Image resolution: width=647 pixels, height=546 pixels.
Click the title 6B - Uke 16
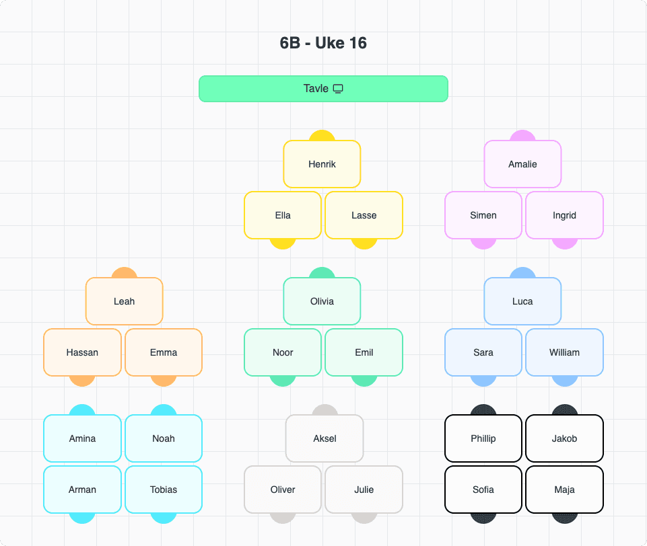click(323, 43)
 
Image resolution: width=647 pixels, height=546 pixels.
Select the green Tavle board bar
click(269, 89)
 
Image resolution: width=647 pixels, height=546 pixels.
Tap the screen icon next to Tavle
click(338, 89)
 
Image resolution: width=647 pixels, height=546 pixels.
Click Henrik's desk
click(322, 164)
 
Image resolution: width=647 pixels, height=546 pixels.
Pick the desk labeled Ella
click(283, 215)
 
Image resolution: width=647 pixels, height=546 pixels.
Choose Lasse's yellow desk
click(364, 215)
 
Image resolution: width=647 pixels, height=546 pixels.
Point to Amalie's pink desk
click(522, 164)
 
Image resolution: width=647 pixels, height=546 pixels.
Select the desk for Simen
click(483, 215)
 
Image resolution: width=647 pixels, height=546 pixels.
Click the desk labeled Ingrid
click(564, 215)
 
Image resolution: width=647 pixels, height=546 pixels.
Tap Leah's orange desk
click(124, 301)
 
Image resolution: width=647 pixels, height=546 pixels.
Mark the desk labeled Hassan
click(82, 352)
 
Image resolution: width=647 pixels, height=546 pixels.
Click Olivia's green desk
click(322, 301)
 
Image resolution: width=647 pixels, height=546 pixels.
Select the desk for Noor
click(283, 352)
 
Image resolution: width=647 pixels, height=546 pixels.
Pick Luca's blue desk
click(522, 301)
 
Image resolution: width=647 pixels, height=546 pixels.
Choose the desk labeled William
click(564, 352)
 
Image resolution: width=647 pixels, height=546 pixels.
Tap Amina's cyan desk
click(82, 438)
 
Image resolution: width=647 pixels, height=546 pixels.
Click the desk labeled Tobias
click(164, 490)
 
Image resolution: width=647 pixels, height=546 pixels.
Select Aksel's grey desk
click(325, 438)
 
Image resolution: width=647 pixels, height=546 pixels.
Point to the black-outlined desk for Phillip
click(483, 438)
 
